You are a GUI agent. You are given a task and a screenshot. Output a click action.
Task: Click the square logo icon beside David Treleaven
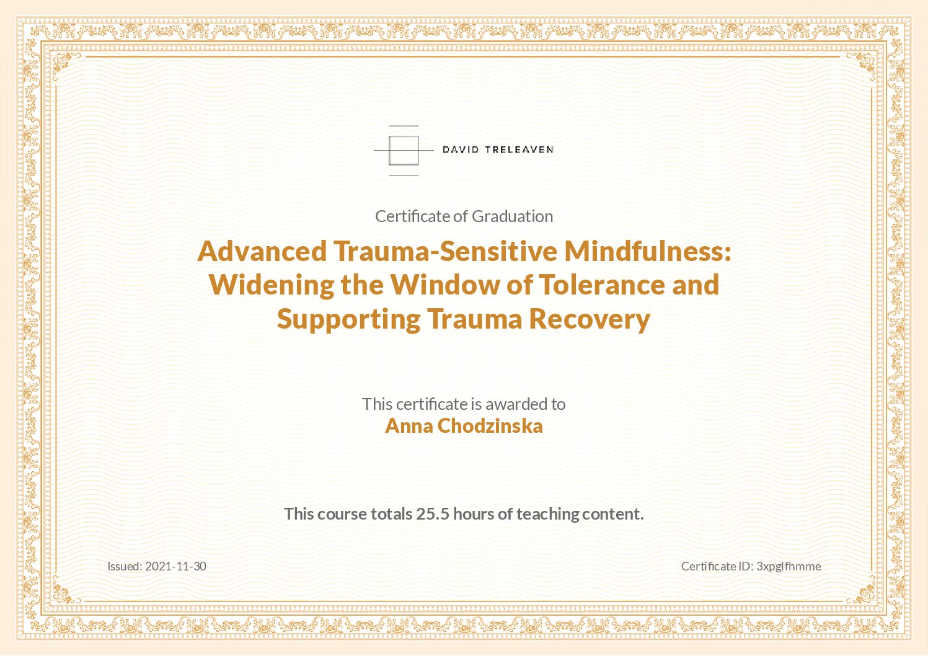404,151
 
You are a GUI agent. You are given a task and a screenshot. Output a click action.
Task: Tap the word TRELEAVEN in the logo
519,150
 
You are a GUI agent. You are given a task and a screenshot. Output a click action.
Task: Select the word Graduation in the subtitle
513,216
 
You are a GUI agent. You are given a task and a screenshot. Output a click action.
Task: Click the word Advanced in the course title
262,251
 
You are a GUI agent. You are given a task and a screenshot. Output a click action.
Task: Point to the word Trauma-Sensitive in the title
445,251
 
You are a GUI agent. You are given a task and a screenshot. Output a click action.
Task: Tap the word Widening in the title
272,285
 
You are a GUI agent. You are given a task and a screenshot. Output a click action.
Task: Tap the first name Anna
409,427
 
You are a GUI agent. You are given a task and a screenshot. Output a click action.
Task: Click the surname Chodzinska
490,427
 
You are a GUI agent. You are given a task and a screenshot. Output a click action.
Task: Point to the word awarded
516,404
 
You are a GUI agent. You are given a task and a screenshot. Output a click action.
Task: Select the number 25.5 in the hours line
433,514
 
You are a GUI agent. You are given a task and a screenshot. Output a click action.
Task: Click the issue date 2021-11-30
175,567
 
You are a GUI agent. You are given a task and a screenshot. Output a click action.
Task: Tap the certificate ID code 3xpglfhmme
789,567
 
